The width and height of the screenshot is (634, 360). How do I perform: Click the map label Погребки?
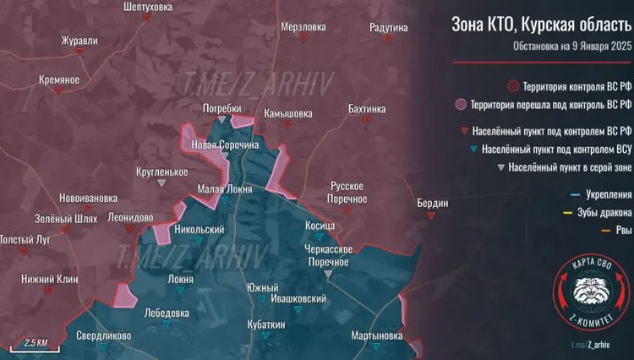222,109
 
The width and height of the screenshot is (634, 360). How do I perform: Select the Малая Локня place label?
225,189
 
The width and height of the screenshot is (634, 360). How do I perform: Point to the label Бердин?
433,203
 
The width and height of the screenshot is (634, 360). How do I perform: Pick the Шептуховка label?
123,7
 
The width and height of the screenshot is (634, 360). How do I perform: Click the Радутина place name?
389,28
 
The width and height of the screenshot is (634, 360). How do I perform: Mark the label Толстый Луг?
25,240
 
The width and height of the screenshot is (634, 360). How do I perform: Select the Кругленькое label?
161,172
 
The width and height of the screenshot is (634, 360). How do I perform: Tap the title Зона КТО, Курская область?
541,25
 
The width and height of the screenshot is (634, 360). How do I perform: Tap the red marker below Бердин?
433,215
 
